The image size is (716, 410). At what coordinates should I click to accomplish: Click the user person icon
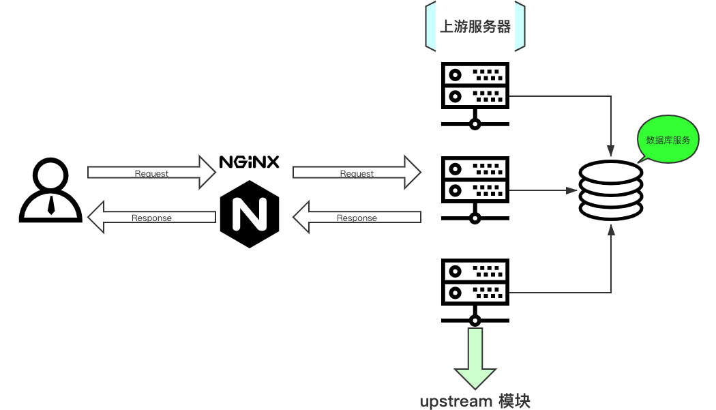[50, 190]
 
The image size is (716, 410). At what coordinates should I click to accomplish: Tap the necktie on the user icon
[51, 205]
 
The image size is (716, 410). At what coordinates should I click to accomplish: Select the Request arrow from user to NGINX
[151, 172]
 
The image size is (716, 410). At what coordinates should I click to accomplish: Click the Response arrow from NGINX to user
[151, 217]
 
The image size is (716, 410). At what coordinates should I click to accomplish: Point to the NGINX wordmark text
[250, 162]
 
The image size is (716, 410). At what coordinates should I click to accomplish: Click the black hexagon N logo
[250, 214]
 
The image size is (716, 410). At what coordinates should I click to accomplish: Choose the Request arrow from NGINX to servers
[357, 172]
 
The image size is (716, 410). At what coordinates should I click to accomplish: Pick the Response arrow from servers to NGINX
[357, 217]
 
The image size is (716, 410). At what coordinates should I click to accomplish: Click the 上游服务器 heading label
[475, 27]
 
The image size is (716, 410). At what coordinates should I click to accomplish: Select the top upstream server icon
[475, 96]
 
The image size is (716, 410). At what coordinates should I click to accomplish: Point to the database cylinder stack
[611, 190]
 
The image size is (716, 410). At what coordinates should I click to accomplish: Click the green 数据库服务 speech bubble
[668, 139]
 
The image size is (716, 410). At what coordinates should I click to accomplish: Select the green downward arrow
[475, 358]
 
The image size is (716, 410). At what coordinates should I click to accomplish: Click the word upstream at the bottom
[456, 402]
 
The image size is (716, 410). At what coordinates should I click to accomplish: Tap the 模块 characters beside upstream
[514, 401]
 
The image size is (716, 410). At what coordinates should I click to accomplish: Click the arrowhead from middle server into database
[571, 190]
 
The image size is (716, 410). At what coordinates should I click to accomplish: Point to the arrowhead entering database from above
[611, 151]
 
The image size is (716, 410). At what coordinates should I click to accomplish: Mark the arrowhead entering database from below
[611, 230]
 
